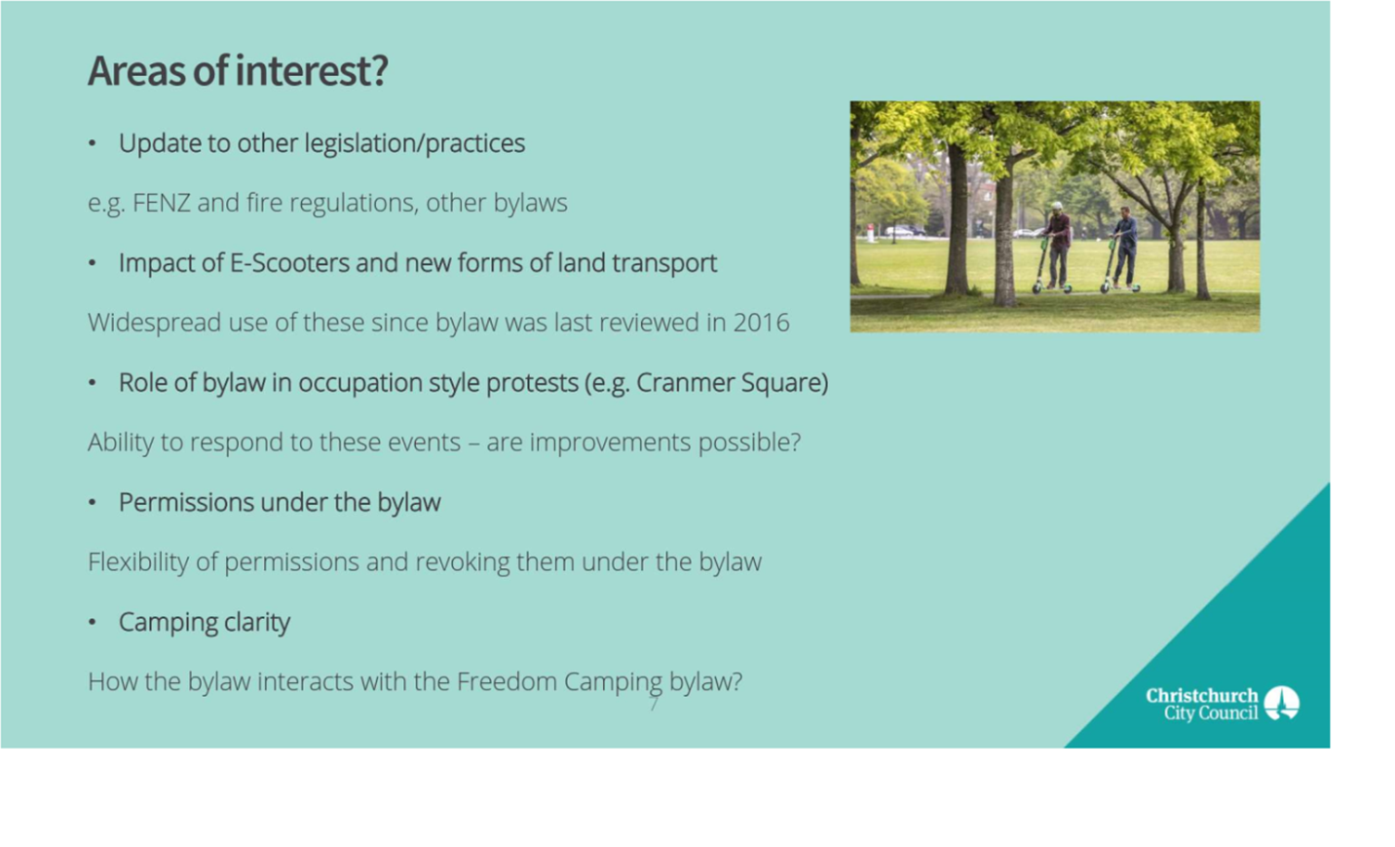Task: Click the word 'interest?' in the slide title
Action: click(x=311, y=70)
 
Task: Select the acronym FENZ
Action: click(x=161, y=203)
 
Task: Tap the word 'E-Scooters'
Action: click(x=290, y=263)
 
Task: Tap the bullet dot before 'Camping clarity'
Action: click(x=93, y=622)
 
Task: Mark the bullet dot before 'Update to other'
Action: click(x=93, y=144)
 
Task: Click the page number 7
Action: click(x=654, y=704)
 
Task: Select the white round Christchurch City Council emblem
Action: click(x=1282, y=703)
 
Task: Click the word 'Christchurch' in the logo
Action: click(x=1202, y=696)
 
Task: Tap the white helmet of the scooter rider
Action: click(x=1057, y=206)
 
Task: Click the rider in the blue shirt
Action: click(x=1125, y=247)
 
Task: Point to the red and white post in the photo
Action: click(x=870, y=234)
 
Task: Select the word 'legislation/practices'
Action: click(x=415, y=144)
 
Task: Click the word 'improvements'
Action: click(x=610, y=443)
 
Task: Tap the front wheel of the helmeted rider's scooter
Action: click(x=1037, y=288)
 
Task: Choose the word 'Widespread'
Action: click(x=154, y=322)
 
